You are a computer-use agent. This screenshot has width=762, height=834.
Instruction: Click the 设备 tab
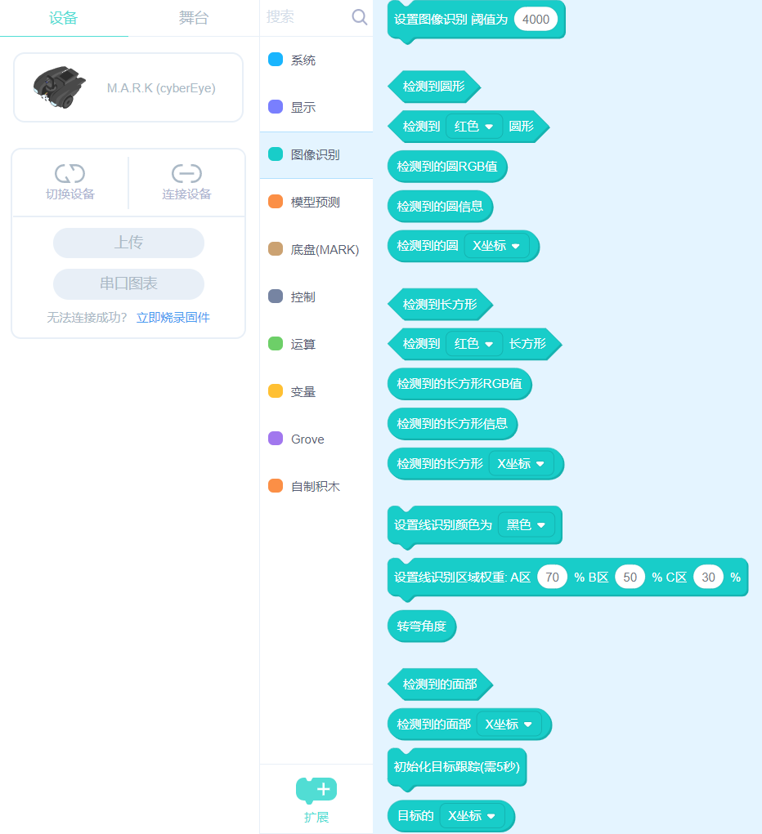click(x=63, y=18)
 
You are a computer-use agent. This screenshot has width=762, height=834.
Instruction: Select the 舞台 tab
click(x=194, y=18)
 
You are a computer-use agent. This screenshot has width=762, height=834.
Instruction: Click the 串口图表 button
click(x=128, y=283)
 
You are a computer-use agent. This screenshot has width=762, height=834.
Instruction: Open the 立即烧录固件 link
click(x=173, y=318)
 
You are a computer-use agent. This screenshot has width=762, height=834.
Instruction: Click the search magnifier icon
click(x=359, y=17)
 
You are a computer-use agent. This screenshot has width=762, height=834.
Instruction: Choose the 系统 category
click(x=303, y=60)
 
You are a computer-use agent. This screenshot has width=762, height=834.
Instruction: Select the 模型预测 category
click(x=315, y=202)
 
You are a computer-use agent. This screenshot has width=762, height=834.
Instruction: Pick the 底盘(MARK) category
click(x=325, y=249)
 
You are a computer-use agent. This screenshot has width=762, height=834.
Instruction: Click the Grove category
click(x=307, y=439)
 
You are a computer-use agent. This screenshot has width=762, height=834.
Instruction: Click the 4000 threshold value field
click(x=536, y=19)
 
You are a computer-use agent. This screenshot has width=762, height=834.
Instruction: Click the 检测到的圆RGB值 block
click(x=447, y=167)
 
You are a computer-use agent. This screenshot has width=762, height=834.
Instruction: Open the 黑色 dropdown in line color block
click(x=526, y=525)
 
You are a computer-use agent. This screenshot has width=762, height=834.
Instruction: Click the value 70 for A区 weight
click(x=552, y=578)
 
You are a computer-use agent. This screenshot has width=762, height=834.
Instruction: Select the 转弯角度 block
click(x=421, y=627)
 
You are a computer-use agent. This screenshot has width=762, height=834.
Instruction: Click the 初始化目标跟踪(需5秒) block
click(x=456, y=768)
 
